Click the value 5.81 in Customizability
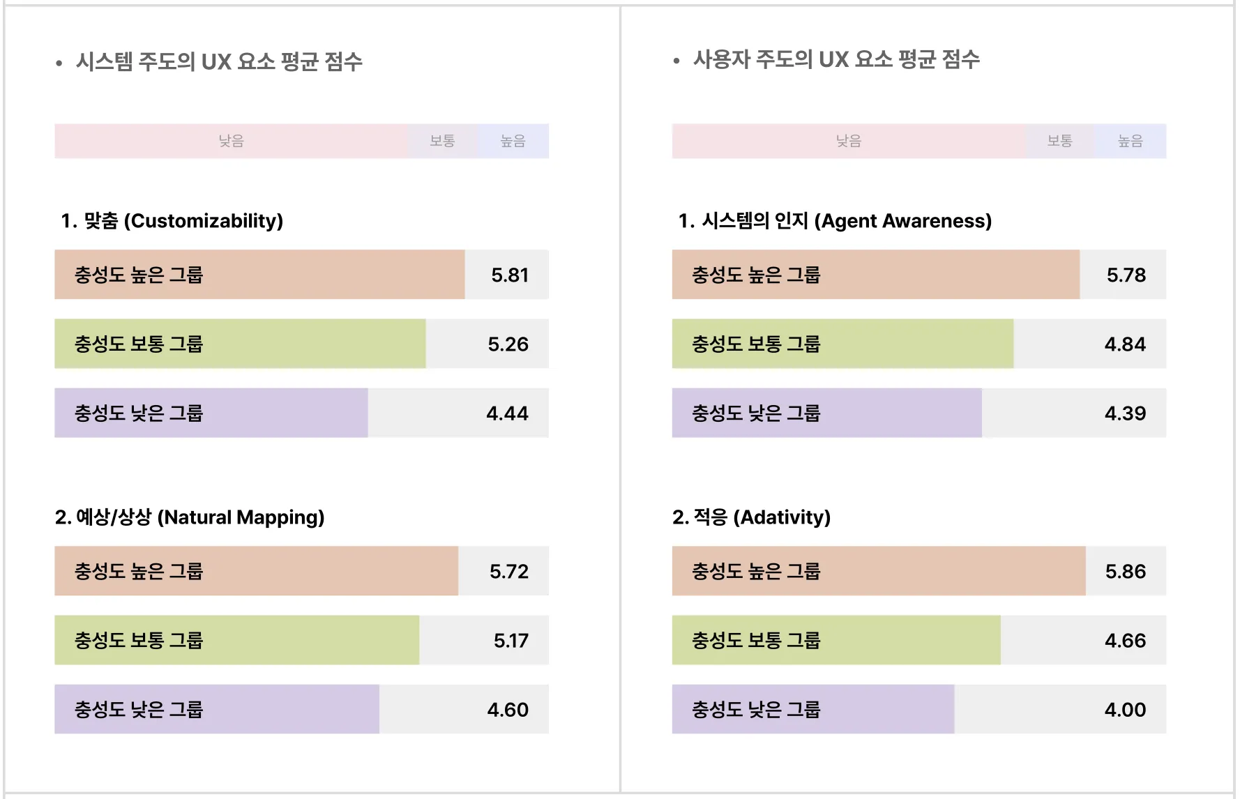[x=509, y=275]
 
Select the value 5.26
[x=508, y=344]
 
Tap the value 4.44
[x=507, y=413]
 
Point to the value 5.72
[x=508, y=571]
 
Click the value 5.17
[x=511, y=640]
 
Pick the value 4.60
[x=508, y=709]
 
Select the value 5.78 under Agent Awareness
[x=1126, y=275]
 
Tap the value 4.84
[x=1125, y=344]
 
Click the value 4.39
[x=1125, y=413]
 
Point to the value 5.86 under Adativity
[x=1125, y=571]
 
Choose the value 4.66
[x=1125, y=640]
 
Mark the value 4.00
[x=1125, y=709]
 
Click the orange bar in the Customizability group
[x=259, y=275]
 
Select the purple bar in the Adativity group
[x=812, y=709]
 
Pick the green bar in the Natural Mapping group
[x=237, y=640]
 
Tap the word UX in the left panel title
[x=216, y=62]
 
